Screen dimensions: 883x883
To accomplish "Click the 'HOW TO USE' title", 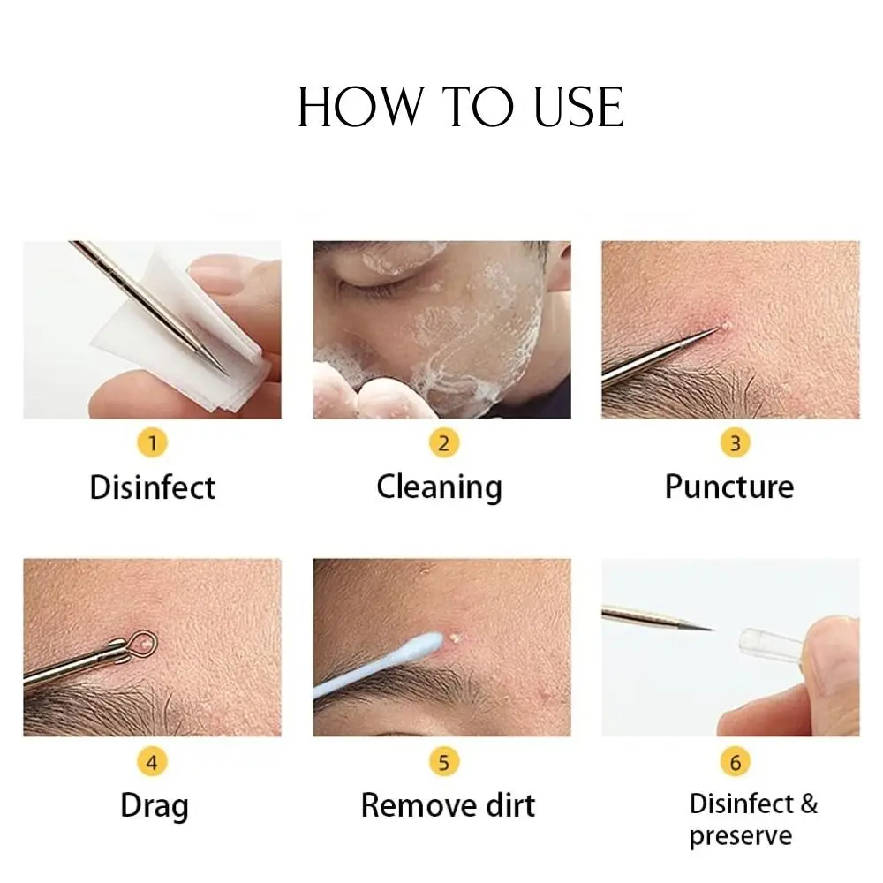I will [460, 108].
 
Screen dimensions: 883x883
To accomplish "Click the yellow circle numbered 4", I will [153, 761].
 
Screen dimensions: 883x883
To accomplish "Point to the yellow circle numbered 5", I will [443, 761].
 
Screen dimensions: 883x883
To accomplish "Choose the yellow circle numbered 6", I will [735, 761].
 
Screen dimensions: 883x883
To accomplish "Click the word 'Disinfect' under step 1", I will [152, 487].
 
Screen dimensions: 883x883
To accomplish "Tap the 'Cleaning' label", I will [439, 487].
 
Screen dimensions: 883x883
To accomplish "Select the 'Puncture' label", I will [729, 487].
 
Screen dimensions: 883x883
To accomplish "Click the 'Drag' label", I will [154, 806].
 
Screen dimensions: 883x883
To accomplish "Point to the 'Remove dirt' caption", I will [448, 805].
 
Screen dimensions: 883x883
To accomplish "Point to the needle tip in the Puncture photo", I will [715, 330].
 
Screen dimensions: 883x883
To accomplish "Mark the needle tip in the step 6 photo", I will [709, 629].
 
